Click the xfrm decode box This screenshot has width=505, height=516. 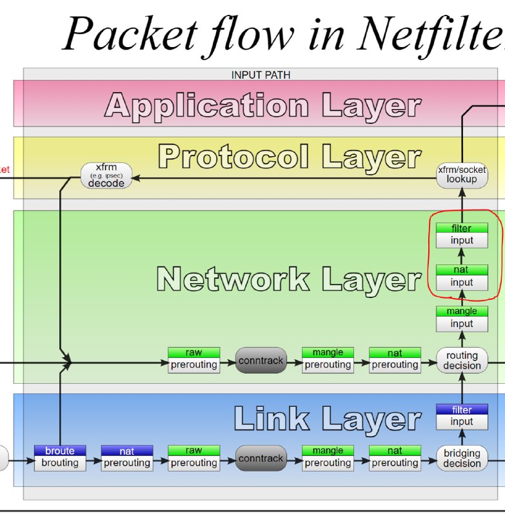click(106, 175)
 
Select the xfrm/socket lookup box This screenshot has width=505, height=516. click(461, 174)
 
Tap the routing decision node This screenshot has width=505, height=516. click(462, 361)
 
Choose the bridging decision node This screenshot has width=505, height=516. click(462, 458)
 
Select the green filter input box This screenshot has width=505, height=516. click(462, 235)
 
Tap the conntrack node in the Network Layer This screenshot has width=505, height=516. click(261, 361)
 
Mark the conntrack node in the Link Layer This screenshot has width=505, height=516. click(261, 459)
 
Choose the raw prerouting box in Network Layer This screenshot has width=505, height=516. click(193, 359)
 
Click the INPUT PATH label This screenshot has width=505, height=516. click(261, 75)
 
